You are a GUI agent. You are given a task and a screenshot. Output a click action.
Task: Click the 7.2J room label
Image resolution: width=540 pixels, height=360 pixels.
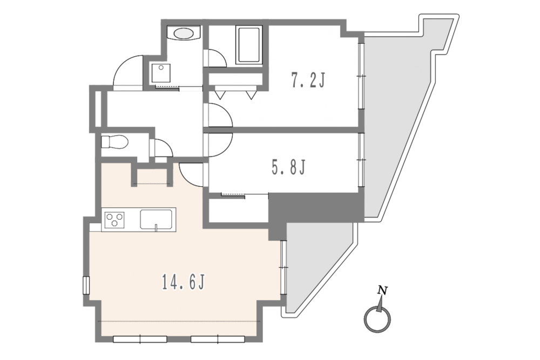308,80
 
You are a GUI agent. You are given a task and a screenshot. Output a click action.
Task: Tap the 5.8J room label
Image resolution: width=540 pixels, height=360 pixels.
288,168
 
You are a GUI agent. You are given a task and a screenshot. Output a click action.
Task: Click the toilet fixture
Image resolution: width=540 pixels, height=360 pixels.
114,142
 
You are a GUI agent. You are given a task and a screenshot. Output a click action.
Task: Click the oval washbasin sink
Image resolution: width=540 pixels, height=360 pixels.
184,33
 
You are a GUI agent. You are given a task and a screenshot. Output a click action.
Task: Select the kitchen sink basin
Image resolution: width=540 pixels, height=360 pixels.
156,219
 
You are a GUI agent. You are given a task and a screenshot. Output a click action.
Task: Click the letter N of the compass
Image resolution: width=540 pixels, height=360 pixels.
382,290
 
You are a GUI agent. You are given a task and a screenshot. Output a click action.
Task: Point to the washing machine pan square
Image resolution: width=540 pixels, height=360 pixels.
160,73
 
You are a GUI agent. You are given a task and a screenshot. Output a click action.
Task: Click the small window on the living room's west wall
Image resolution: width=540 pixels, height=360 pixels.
86,286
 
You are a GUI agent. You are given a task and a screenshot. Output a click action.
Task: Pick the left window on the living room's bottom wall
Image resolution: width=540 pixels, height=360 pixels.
140,339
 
